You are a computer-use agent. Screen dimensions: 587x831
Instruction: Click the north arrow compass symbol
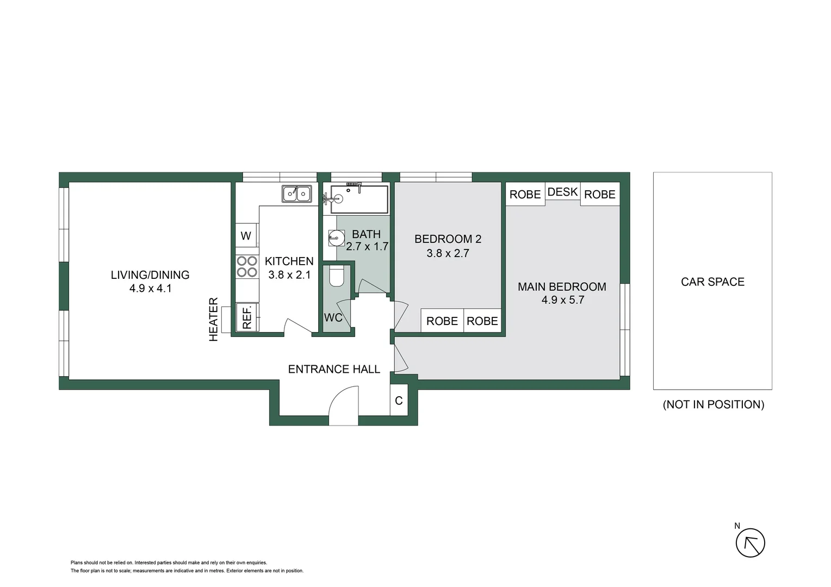pyautogui.click(x=750, y=542)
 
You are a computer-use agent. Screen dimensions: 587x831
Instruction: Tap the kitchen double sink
pyautogui.click(x=296, y=193)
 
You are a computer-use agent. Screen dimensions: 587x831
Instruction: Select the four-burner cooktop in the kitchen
pyautogui.click(x=246, y=267)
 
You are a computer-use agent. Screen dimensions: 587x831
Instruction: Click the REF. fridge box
pyautogui.click(x=247, y=317)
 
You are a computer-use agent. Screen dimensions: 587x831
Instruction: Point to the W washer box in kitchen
pyautogui.click(x=246, y=236)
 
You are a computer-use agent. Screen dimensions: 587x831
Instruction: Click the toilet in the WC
pyautogui.click(x=337, y=277)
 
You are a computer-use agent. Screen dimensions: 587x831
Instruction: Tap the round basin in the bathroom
pyautogui.click(x=336, y=238)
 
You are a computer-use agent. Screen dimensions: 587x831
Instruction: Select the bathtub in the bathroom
pyautogui.click(x=359, y=199)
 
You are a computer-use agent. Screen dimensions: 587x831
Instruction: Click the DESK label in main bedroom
pyautogui.click(x=562, y=192)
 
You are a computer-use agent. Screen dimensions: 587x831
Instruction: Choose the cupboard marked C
pyautogui.click(x=399, y=401)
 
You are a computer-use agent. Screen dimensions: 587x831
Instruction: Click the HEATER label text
pyautogui.click(x=213, y=319)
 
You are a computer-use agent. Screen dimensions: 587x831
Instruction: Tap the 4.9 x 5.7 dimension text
pyautogui.click(x=562, y=300)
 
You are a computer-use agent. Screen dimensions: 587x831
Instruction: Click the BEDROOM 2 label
pyautogui.click(x=448, y=239)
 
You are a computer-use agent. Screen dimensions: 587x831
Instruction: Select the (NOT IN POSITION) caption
pyautogui.click(x=713, y=404)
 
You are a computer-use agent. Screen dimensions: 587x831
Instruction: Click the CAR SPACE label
pyautogui.click(x=712, y=282)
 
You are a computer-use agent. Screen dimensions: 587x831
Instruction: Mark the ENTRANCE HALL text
pyautogui.click(x=333, y=369)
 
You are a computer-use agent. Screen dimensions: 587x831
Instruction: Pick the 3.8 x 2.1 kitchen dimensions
pyautogui.click(x=289, y=274)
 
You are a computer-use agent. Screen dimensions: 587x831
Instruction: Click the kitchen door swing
pyautogui.click(x=297, y=326)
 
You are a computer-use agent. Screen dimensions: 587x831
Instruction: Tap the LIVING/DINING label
pyautogui.click(x=150, y=274)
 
